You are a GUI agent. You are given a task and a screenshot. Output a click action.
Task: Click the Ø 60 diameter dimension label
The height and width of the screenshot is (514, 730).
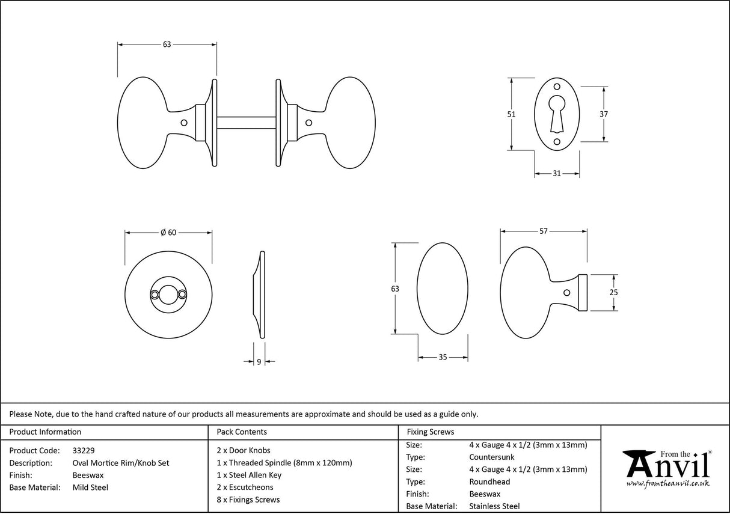[168, 233]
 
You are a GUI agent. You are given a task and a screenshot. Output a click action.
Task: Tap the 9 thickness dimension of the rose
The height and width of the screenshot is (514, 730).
[259, 362]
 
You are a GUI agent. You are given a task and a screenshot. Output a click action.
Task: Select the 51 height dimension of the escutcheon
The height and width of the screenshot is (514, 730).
[512, 114]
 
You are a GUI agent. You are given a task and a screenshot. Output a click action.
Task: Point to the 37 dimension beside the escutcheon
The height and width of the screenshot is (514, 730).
[604, 114]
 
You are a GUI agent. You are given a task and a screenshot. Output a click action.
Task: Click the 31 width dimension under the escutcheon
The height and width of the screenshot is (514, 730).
[556, 174]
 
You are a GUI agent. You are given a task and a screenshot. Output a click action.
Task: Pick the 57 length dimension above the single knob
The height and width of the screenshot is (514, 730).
[544, 231]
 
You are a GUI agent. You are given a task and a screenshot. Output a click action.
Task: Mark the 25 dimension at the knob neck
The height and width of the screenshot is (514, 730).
[613, 293]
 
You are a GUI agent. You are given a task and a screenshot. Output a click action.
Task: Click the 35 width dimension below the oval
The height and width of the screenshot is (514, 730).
[443, 357]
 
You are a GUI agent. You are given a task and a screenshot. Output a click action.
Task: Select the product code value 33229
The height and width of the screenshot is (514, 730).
[83, 450]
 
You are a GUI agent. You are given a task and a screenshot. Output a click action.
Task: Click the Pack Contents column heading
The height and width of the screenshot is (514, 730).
[241, 432]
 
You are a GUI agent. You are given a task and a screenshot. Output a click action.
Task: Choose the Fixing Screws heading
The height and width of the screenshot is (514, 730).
[431, 432]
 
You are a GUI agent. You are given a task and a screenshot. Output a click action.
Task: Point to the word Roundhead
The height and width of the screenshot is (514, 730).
[489, 482]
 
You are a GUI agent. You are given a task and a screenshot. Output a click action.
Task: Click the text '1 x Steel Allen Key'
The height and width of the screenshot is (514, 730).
[249, 475]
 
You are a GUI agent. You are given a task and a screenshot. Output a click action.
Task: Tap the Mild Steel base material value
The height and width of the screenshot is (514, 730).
[90, 488]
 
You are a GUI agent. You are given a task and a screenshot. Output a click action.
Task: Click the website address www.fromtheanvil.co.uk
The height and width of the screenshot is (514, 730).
[668, 483]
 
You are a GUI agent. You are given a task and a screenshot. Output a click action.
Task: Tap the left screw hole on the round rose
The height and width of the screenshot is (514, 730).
[156, 294]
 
